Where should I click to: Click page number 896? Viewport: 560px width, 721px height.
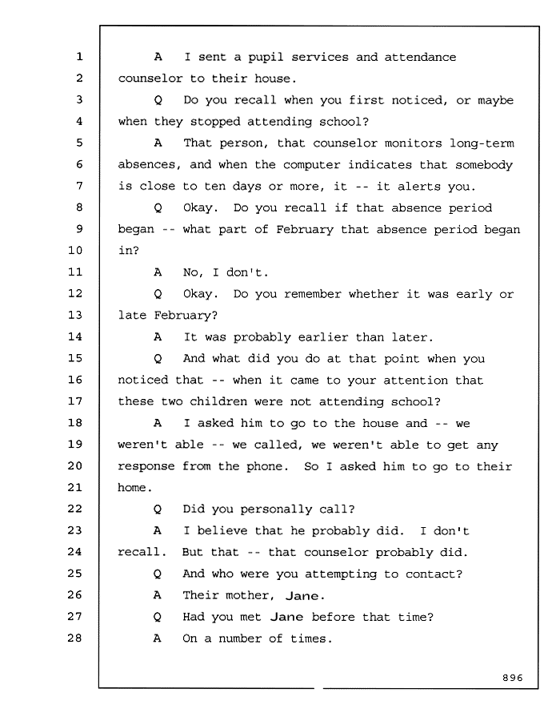point(512,678)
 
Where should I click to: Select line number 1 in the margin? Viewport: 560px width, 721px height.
point(79,57)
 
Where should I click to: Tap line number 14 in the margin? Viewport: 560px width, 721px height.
point(75,336)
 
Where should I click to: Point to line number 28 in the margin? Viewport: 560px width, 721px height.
point(75,638)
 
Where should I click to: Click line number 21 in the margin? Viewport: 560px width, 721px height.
point(75,487)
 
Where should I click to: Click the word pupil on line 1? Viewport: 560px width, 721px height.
point(266,58)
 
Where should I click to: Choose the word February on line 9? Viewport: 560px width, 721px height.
point(305,229)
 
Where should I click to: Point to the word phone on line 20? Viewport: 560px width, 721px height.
point(267,467)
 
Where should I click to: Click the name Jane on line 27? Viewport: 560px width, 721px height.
point(286,617)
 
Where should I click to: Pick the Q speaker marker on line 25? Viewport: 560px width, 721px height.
point(157,574)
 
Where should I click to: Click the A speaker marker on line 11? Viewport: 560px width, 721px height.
point(158,272)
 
